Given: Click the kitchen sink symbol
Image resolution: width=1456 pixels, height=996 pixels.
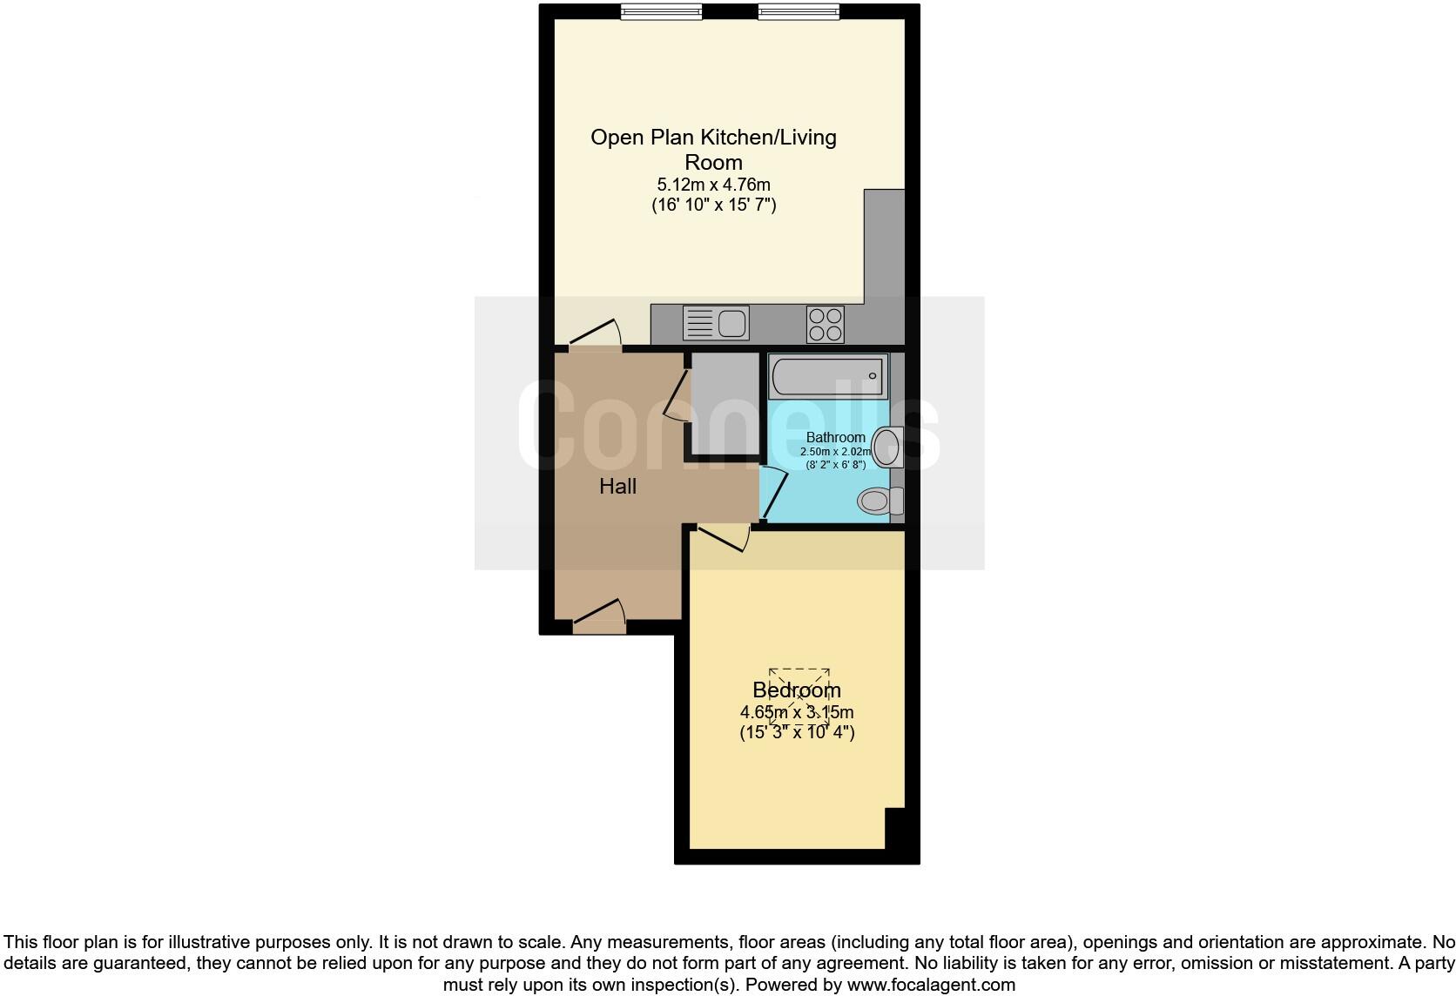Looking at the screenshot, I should [x=716, y=324].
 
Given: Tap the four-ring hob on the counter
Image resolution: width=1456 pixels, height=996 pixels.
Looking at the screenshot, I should [x=825, y=325].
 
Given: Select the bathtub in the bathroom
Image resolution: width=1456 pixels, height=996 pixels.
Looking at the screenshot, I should [x=828, y=376].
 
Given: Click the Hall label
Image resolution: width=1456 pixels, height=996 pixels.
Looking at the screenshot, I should [x=617, y=487].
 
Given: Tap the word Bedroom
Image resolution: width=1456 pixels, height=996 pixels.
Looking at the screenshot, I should [x=796, y=690].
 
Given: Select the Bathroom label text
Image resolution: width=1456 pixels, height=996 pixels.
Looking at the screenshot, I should [x=835, y=437].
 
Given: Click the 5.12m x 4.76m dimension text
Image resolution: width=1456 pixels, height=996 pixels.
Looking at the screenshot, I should [x=713, y=185].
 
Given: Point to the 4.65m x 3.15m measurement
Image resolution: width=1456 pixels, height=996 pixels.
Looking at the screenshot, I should [x=796, y=712].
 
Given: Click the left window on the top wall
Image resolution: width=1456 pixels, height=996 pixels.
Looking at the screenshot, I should [x=661, y=11].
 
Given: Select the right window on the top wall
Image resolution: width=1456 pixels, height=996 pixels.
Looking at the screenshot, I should [x=798, y=11].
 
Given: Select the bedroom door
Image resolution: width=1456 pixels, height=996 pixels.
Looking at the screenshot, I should [x=723, y=537].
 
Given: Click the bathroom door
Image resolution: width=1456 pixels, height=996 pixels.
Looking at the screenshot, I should [x=773, y=494].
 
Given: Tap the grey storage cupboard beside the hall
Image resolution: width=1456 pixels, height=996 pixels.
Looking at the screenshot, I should [x=725, y=403].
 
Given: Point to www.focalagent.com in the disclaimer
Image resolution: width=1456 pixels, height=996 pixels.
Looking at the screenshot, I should [x=931, y=986].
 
